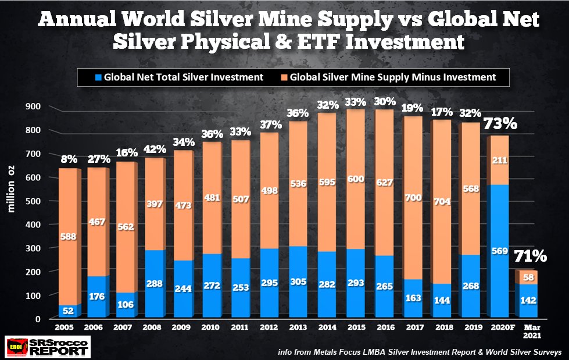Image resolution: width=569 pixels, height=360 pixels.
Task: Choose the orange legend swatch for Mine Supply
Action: click(282, 76)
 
